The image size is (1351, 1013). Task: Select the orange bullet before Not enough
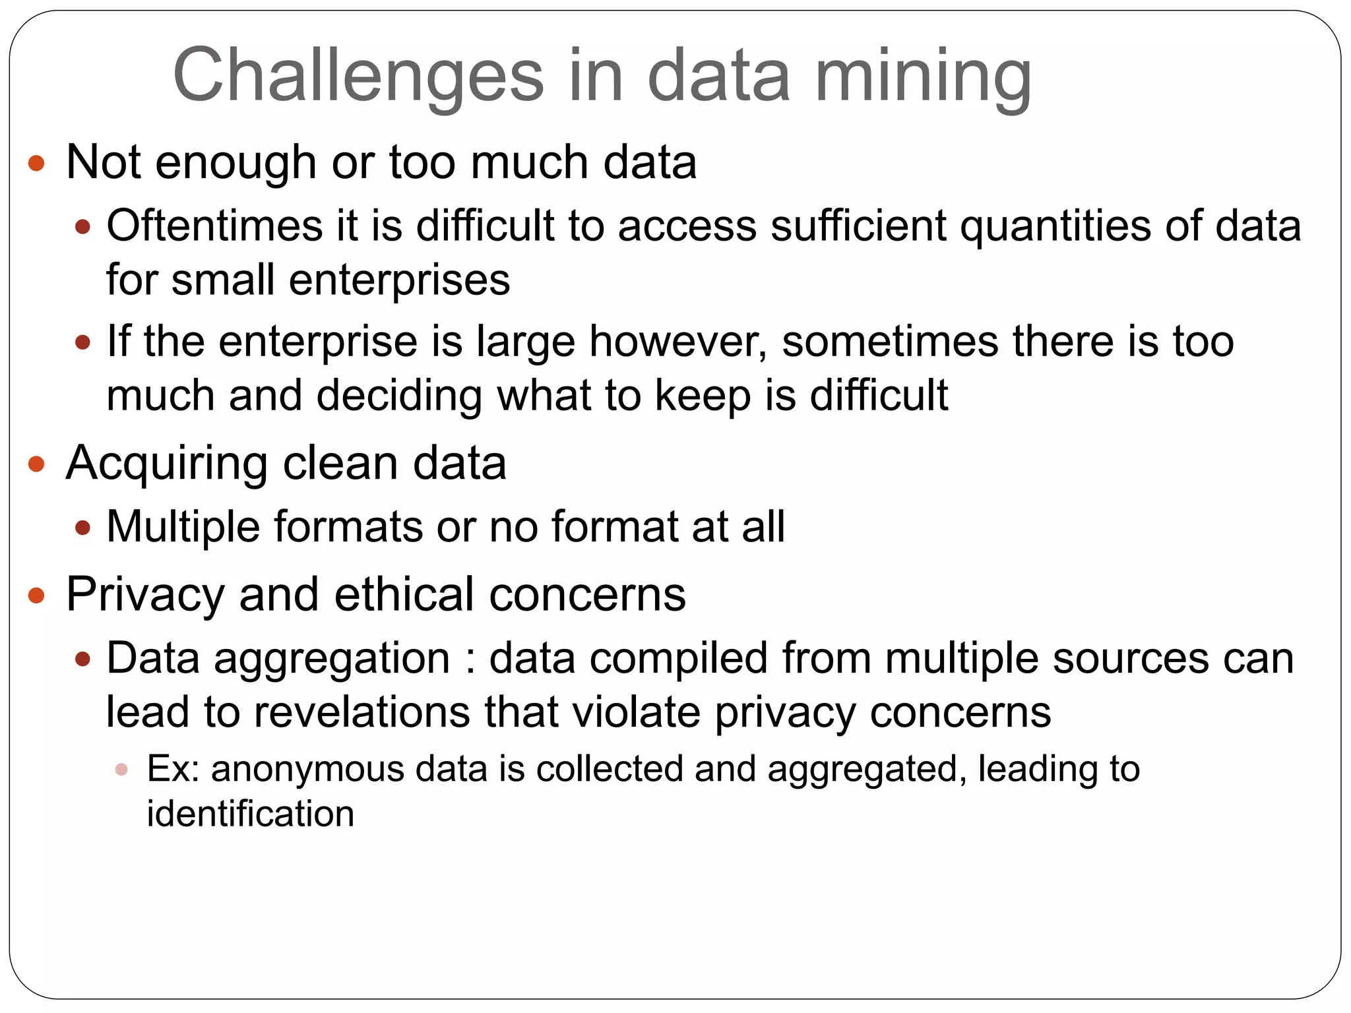pyautogui.click(x=37, y=163)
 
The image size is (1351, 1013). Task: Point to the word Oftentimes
pyautogui.click(x=214, y=226)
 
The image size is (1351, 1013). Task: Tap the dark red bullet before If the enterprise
pyautogui.click(x=82, y=342)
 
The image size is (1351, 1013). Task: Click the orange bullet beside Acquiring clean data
pyautogui.click(x=37, y=464)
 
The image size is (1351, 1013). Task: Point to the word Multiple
pyautogui.click(x=183, y=528)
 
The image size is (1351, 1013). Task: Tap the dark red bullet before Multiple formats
pyautogui.click(x=82, y=528)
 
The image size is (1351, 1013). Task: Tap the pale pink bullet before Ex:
pyautogui.click(x=121, y=770)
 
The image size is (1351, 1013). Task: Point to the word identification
pyautogui.click(x=251, y=814)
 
